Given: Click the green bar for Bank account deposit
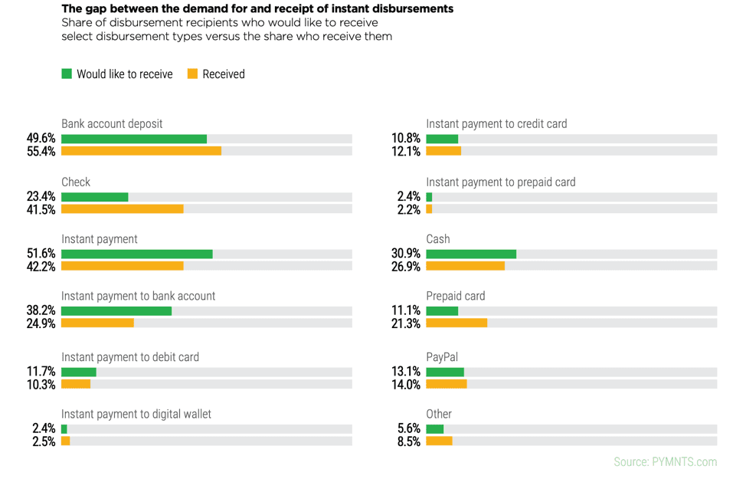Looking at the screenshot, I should click(134, 139).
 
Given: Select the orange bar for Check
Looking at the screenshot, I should click(123, 208).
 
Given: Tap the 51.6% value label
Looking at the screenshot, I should click(41, 254).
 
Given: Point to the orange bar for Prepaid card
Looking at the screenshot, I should click(456, 323).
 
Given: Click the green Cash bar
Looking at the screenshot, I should click(471, 254).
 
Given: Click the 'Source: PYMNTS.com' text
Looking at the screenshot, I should click(665, 461).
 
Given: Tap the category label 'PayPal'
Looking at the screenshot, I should click(442, 357).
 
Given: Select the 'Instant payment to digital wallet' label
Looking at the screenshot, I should click(136, 414).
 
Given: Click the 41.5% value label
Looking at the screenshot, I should click(41, 209).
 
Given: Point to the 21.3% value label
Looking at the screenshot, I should click(405, 323).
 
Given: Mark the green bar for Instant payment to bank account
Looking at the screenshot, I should click(116, 311).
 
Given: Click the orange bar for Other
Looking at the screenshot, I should click(439, 441).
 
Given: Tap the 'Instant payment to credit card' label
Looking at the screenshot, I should click(496, 123).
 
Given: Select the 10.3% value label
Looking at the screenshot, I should click(41, 384).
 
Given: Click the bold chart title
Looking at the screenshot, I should click(257, 9).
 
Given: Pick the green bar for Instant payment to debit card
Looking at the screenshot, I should click(79, 372).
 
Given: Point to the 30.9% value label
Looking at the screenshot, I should click(405, 254).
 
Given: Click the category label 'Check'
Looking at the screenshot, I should click(76, 182).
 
